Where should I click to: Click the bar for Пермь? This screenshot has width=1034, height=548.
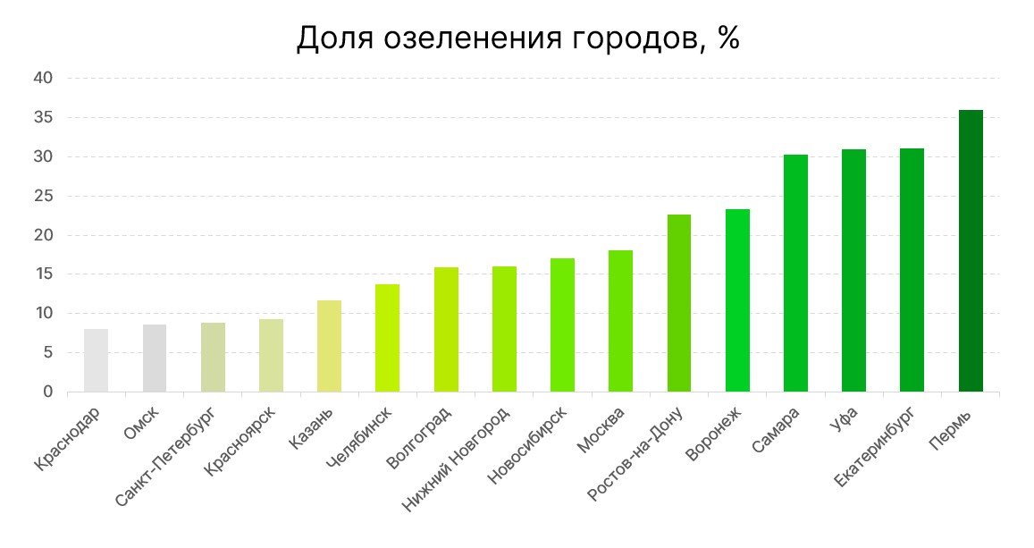[970, 251]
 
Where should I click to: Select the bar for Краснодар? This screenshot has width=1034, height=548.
[96, 360]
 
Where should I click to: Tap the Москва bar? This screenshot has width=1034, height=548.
[620, 321]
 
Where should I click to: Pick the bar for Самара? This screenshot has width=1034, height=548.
[795, 274]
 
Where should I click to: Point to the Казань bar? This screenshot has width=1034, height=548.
[329, 346]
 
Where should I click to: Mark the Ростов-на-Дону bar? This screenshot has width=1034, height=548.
[679, 303]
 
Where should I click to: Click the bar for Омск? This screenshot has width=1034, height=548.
[155, 358]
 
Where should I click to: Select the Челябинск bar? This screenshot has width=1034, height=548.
[387, 338]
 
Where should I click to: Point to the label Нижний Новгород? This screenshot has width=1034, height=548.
[457, 459]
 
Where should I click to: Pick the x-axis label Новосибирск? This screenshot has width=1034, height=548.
[527, 446]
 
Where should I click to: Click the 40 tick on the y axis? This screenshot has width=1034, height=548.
[44, 79]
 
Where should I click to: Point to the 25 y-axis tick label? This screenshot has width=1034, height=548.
[44, 196]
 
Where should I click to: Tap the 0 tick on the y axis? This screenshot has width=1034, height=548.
[48, 392]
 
